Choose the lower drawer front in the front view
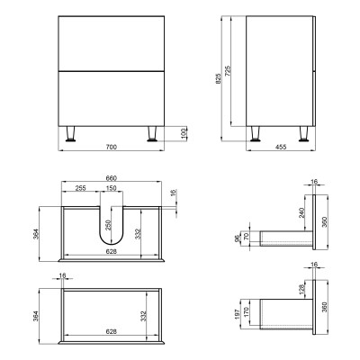point(112,97)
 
